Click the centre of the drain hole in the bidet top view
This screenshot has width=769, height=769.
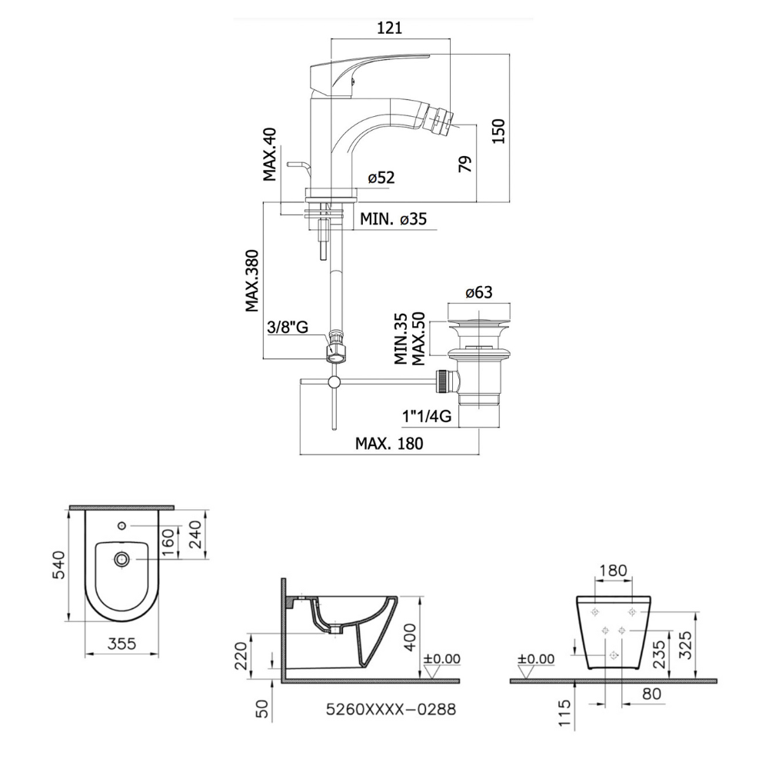click(122, 558)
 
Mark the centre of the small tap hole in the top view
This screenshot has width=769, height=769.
click(122, 526)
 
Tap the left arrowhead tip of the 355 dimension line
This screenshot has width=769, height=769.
click(85, 654)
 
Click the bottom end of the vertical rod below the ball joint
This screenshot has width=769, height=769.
click(335, 430)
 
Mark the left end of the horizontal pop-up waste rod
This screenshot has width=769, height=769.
click(300, 381)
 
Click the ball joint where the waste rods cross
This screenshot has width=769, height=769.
click(335, 381)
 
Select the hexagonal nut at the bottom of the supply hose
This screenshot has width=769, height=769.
click(335, 351)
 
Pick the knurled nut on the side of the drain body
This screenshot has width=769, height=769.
click(443, 381)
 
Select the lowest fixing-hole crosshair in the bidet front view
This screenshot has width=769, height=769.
click(613, 655)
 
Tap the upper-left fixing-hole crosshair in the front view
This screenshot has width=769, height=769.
click(595, 612)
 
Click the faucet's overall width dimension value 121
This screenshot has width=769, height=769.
click(389, 28)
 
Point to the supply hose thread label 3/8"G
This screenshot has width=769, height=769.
click(288, 327)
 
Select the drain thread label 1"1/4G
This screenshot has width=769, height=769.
click(427, 417)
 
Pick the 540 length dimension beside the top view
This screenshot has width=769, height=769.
click(59, 565)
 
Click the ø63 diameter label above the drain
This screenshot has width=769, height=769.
click(478, 293)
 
